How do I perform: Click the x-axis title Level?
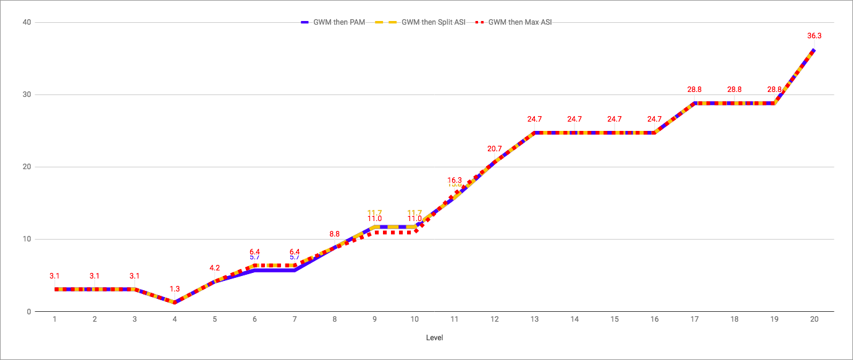click(434, 338)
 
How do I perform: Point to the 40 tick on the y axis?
click(28, 22)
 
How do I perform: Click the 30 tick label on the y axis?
click(28, 94)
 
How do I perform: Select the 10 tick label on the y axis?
click(28, 239)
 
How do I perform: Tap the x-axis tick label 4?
click(175, 319)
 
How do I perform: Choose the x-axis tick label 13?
click(534, 319)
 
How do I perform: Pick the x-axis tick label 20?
click(814, 319)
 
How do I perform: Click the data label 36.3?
click(814, 36)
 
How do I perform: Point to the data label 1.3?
click(175, 289)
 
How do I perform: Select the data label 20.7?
click(495, 149)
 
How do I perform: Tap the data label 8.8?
click(335, 234)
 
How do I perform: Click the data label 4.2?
click(215, 268)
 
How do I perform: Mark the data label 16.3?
click(455, 180)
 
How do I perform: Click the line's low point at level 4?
click(175, 303)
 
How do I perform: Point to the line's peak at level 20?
click(814, 49)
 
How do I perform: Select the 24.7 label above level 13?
click(534, 119)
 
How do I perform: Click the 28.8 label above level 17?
click(694, 90)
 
